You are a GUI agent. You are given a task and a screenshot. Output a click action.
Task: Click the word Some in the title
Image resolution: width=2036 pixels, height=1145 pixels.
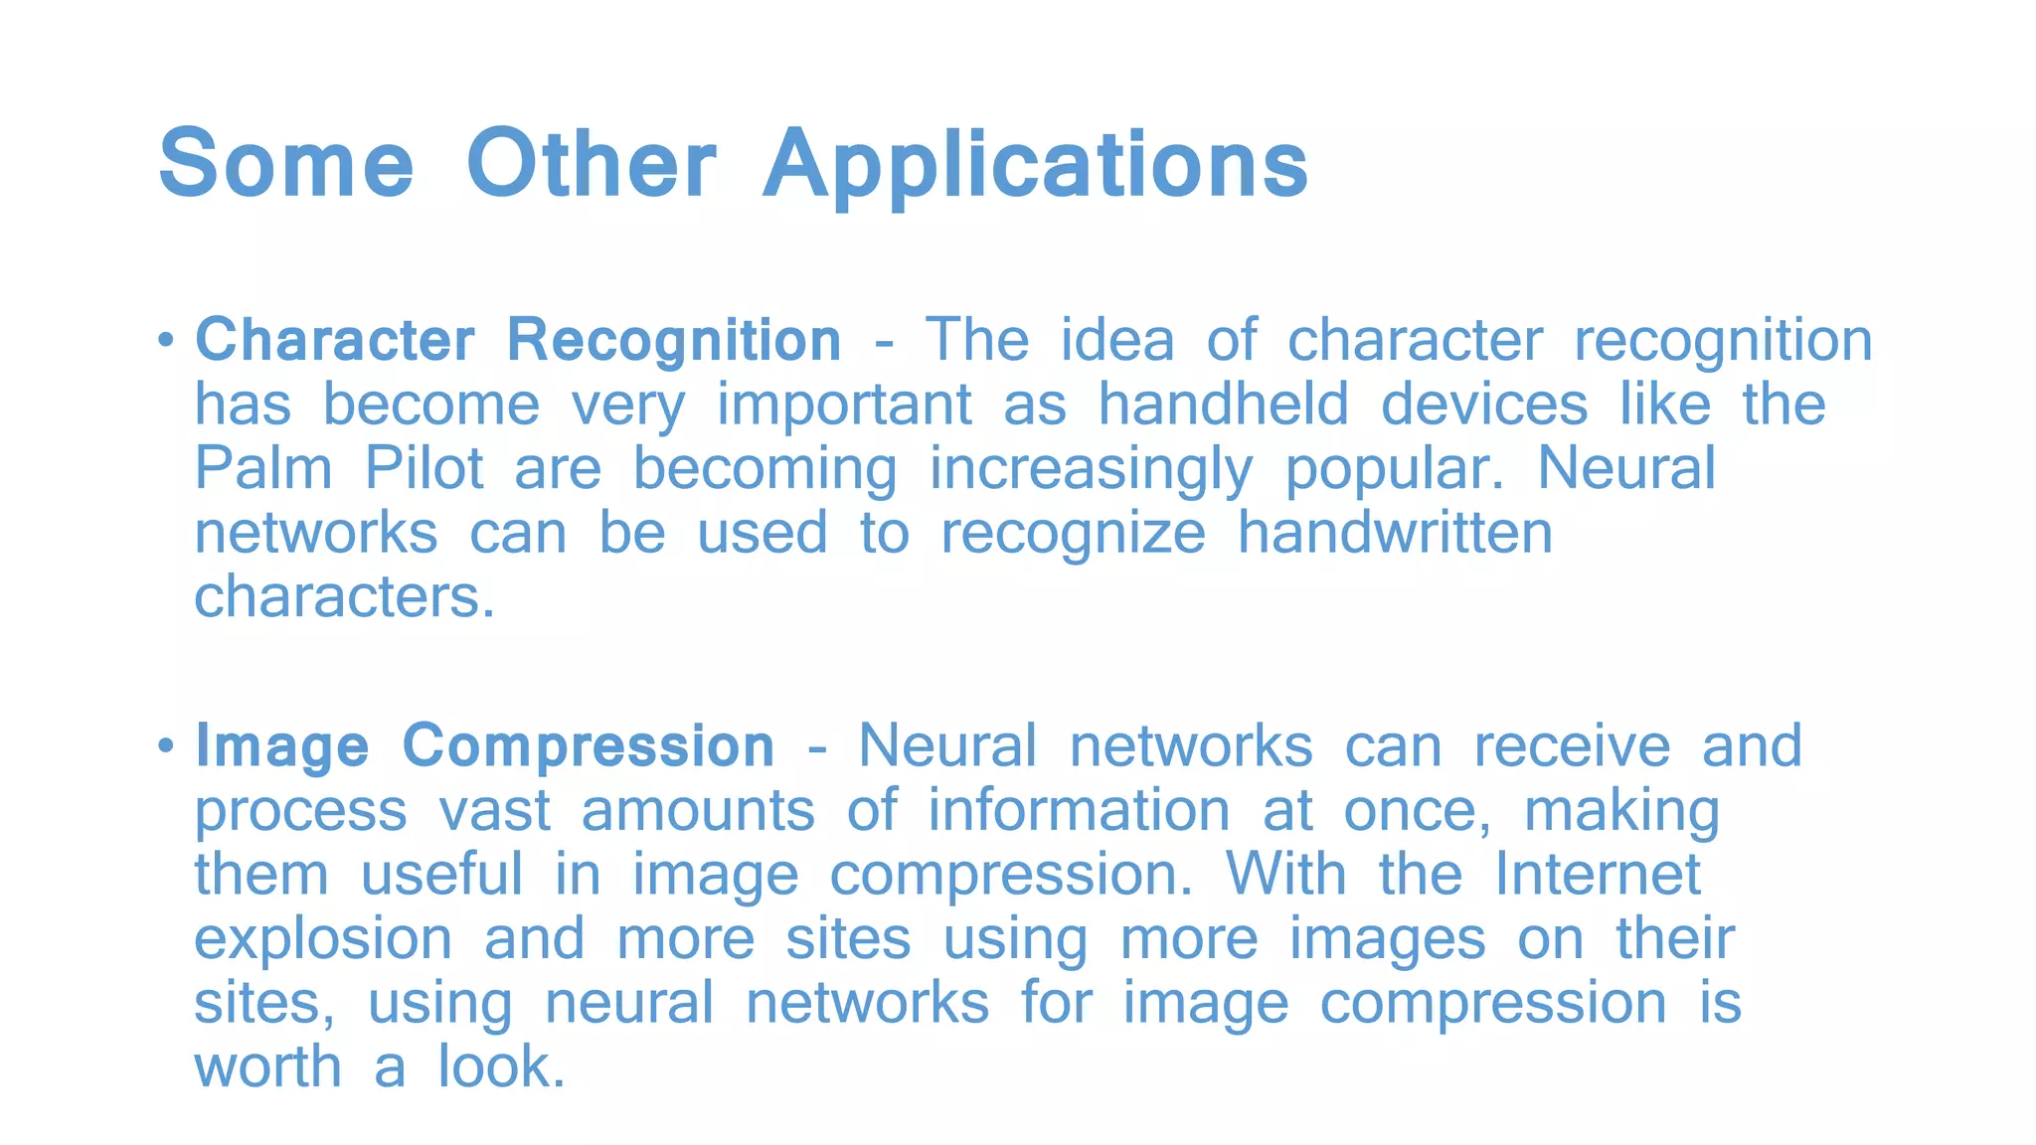click(x=285, y=164)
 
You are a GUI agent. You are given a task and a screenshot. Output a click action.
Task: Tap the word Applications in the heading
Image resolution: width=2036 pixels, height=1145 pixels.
click(x=1035, y=166)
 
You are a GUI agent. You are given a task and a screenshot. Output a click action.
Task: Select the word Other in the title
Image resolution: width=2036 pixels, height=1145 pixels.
click(x=591, y=164)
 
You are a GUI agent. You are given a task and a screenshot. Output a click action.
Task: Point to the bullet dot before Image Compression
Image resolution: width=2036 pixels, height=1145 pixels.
click(x=166, y=745)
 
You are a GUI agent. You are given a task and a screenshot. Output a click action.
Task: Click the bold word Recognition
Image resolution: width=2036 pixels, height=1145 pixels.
click(x=674, y=341)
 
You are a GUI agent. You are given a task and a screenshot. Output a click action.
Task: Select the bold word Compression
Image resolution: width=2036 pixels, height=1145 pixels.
click(x=588, y=747)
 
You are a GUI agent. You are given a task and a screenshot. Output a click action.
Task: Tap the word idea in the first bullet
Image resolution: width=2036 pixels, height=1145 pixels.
click(x=1117, y=340)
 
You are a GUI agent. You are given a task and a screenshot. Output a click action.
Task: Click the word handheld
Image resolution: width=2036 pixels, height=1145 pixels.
click(x=1223, y=405)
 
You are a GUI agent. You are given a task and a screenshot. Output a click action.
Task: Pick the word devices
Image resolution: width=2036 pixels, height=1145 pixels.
click(x=1484, y=405)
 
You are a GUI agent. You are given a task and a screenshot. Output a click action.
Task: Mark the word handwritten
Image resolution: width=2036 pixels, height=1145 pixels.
click(x=1395, y=533)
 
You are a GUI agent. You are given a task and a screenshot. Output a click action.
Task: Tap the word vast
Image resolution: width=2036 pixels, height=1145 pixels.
click(x=494, y=810)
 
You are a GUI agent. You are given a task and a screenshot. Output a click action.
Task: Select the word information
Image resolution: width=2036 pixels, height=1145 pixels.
click(x=1079, y=810)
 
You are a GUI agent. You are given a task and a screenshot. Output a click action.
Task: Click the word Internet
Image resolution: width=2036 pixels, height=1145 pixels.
click(x=1598, y=874)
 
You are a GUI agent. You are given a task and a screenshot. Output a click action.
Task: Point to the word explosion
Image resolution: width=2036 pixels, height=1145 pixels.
click(x=323, y=939)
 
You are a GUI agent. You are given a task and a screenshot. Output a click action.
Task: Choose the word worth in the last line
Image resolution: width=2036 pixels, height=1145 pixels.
click(x=267, y=1066)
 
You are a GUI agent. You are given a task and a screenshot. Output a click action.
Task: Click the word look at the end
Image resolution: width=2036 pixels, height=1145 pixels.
click(x=500, y=1066)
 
